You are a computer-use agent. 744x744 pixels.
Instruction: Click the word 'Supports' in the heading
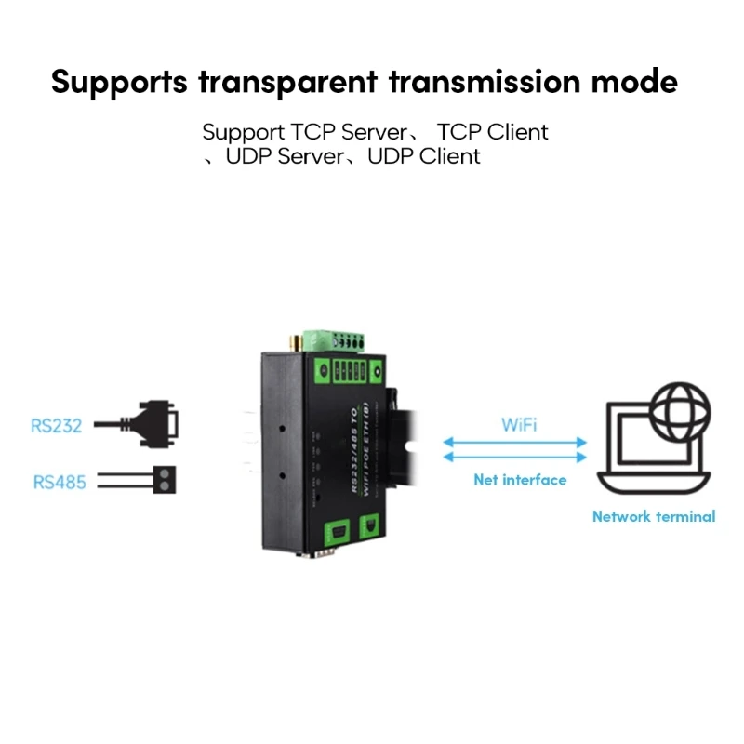click(x=120, y=82)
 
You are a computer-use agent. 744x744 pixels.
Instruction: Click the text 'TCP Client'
click(x=493, y=132)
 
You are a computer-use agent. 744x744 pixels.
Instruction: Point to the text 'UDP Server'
click(x=285, y=156)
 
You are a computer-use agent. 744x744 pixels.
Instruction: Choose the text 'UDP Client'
click(x=424, y=156)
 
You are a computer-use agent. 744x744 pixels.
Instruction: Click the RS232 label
click(x=57, y=426)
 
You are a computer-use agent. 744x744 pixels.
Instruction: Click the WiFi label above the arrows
click(x=518, y=425)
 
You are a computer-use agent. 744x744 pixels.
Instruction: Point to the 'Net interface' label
click(x=519, y=480)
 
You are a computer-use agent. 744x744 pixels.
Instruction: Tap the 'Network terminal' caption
click(x=654, y=516)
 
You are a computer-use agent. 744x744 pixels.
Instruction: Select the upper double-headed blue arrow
click(x=514, y=442)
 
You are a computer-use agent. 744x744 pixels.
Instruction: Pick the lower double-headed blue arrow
click(x=514, y=458)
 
